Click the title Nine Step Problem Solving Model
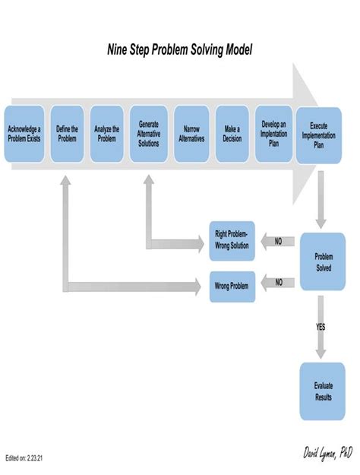179,50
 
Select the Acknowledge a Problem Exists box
24,134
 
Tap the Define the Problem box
67,134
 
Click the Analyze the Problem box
107,134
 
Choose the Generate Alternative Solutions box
149,133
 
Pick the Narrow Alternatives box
191,134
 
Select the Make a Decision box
232,134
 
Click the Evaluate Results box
323,391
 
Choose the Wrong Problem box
232,286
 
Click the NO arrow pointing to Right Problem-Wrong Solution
277,241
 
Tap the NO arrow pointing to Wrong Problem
277,282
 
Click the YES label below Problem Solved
321,327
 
